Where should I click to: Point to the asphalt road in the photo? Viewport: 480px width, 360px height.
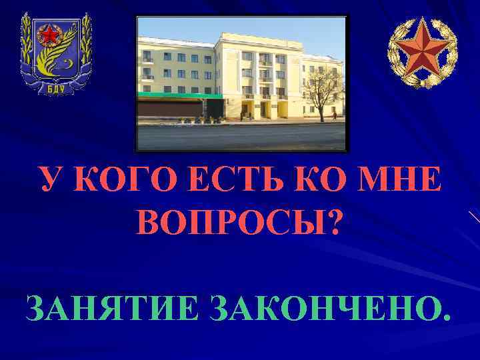(240, 136)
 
